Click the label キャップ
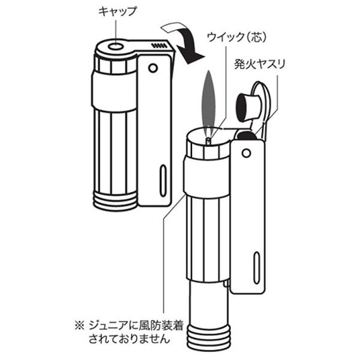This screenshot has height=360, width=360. [x=118, y=12]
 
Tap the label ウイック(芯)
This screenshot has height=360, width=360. [x=237, y=37]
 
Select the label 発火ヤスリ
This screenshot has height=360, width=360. [x=259, y=64]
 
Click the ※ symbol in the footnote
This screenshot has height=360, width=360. [x=80, y=326]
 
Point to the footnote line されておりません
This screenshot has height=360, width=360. [x=129, y=338]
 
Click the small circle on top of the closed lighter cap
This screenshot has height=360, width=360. [x=116, y=47]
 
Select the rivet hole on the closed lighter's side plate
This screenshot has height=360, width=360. [x=153, y=68]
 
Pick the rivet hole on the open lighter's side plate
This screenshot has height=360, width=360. [x=246, y=153]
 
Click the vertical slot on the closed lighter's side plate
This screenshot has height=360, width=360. [x=163, y=181]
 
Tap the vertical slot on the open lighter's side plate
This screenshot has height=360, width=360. [x=256, y=268]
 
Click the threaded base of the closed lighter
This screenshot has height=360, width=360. [x=115, y=201]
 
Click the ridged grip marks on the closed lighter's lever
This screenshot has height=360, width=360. [x=159, y=45]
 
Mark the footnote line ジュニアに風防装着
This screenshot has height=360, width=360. [x=136, y=326]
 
